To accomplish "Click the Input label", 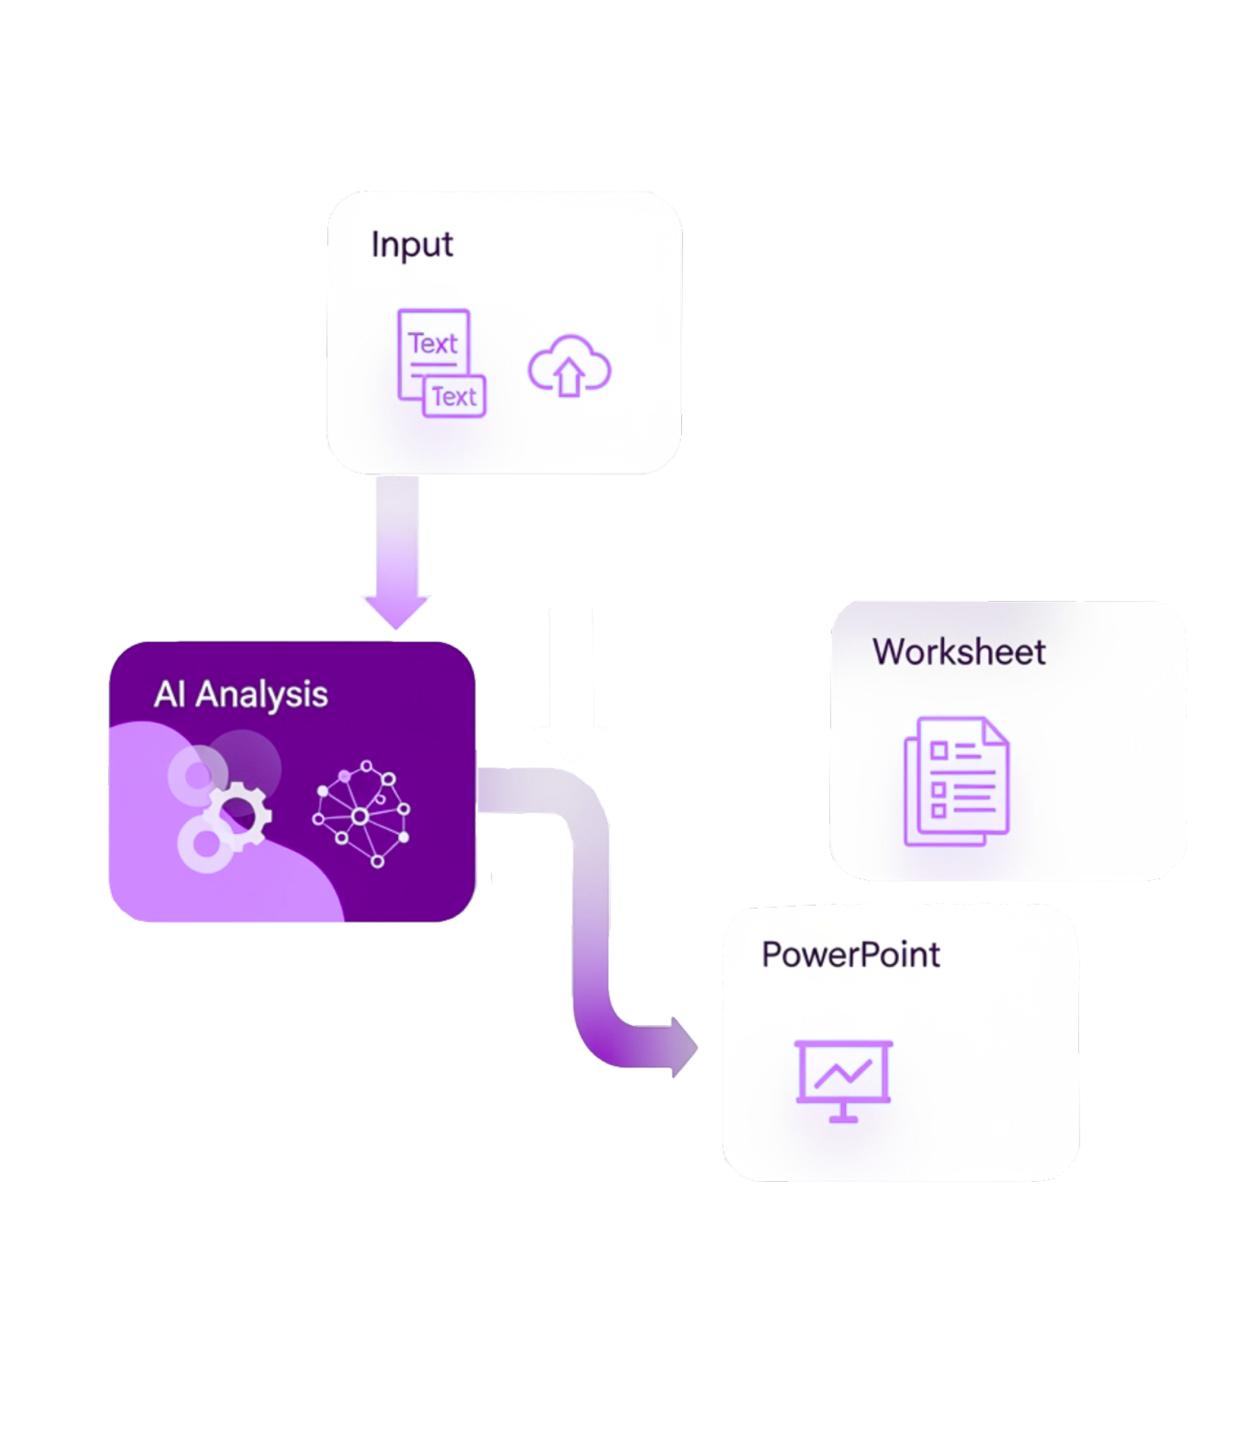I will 412,245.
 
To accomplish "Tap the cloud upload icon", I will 570,366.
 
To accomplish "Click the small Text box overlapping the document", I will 455,397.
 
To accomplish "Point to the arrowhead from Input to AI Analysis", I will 397,611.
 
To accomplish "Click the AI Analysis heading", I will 241,695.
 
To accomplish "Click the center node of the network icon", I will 360,816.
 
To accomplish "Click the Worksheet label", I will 958,652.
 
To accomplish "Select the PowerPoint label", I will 851,954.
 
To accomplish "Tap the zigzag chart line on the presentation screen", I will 843,1075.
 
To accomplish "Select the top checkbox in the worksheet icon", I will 939,750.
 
